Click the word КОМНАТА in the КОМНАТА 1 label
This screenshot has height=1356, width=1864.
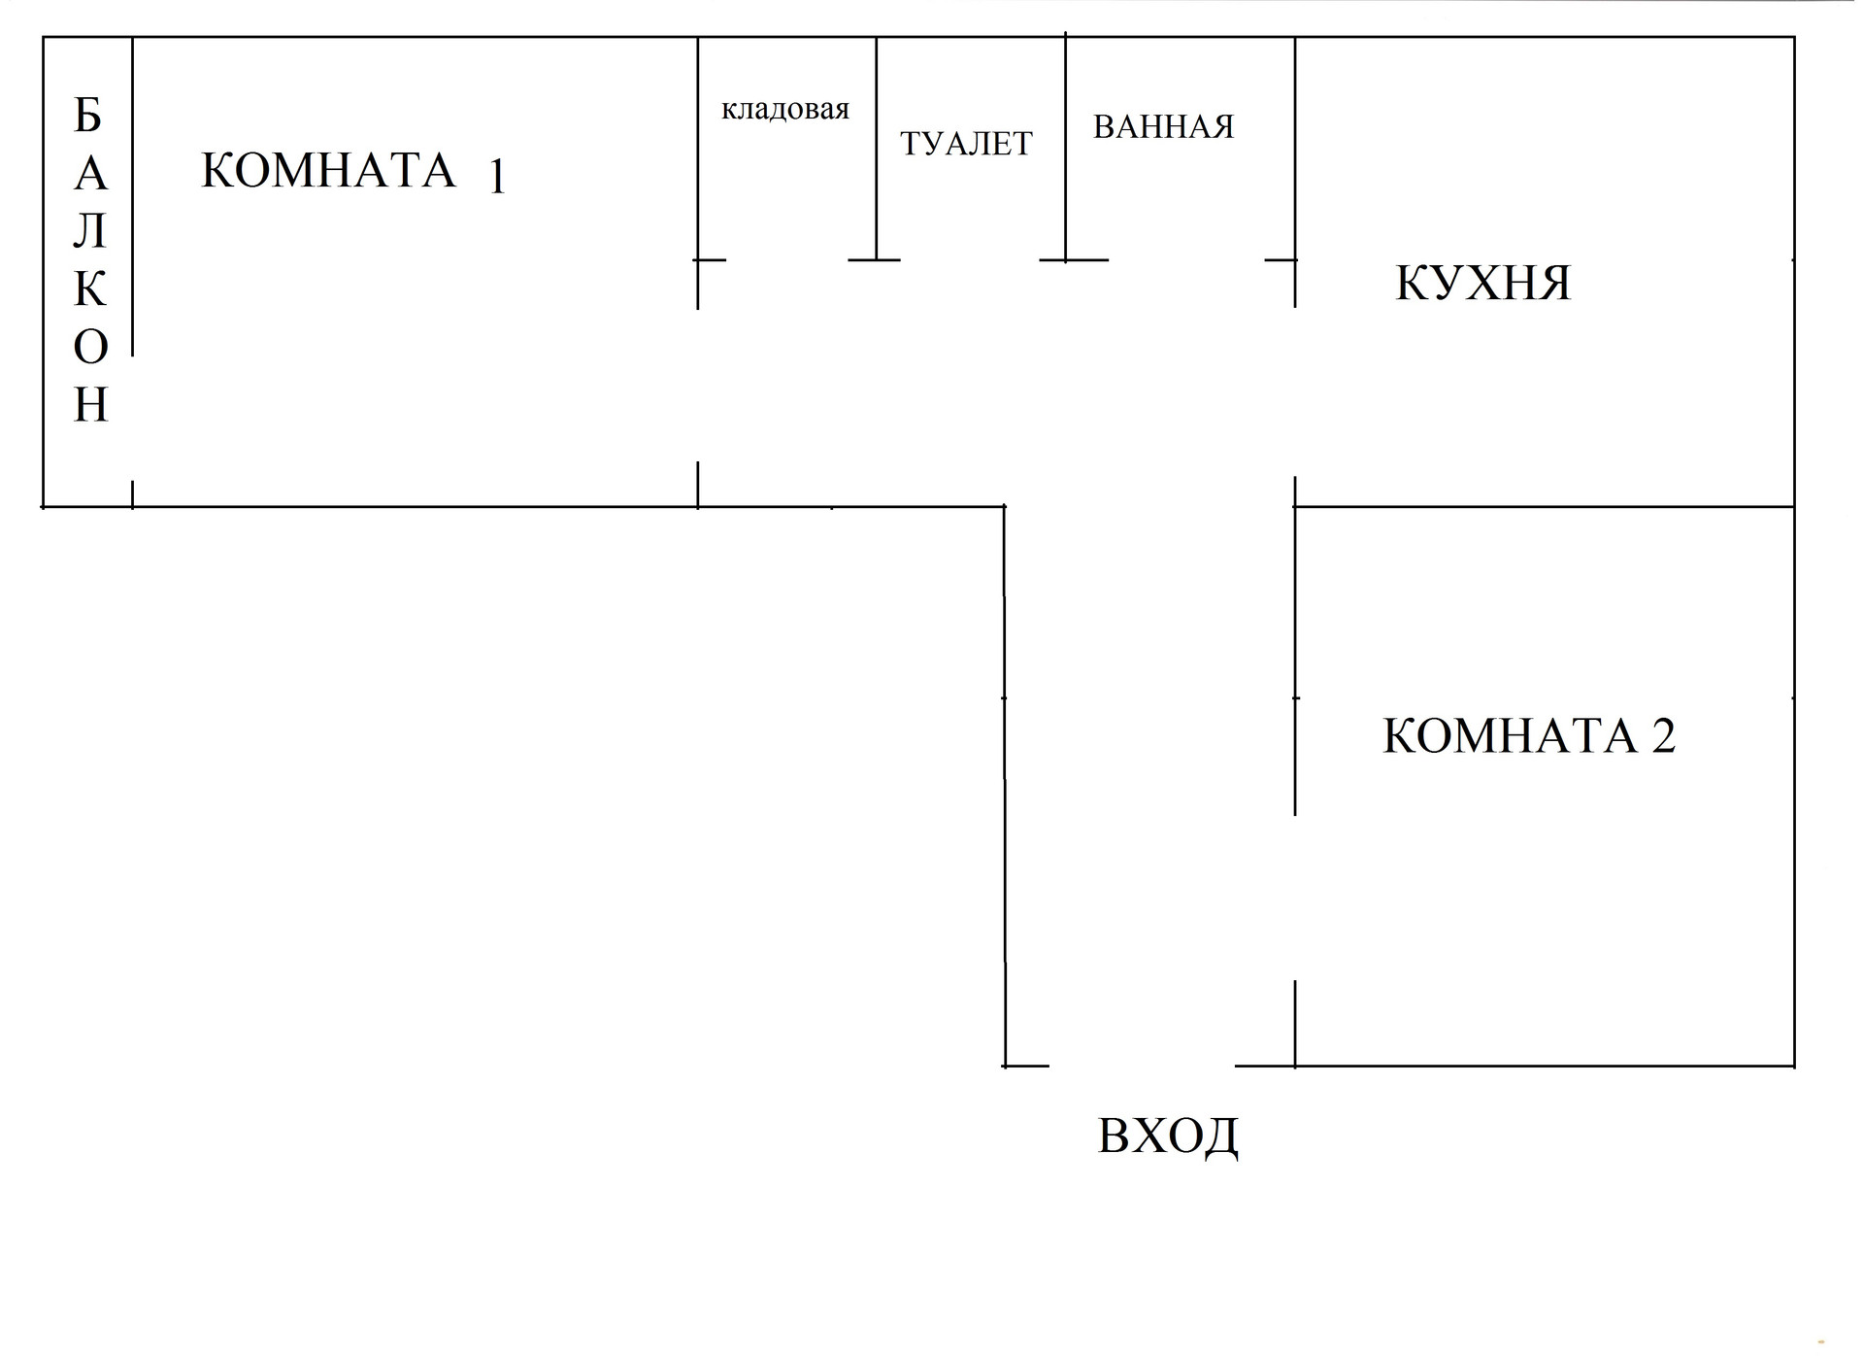click(328, 171)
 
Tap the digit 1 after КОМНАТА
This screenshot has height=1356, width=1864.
click(497, 178)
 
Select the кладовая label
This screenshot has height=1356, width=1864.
click(784, 109)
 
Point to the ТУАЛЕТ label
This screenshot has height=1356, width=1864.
click(966, 144)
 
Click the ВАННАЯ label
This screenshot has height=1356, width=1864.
click(1163, 127)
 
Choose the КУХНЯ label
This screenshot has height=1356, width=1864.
click(1482, 283)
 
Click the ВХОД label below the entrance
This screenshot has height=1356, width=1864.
click(1168, 1135)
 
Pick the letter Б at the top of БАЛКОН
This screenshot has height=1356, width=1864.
click(88, 117)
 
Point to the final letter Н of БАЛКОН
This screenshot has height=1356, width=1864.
click(90, 405)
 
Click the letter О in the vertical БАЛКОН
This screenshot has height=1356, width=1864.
click(90, 347)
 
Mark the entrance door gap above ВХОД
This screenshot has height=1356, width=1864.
click(1142, 1066)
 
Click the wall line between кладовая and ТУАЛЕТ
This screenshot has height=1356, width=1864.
click(877, 146)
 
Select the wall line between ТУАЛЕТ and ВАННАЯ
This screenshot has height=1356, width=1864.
click(1066, 146)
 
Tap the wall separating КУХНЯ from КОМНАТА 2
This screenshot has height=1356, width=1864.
click(1544, 506)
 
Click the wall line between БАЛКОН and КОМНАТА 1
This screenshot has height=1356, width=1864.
click(132, 194)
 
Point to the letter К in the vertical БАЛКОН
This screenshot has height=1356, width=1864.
click(90, 289)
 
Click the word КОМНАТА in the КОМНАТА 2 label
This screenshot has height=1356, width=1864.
click(1510, 735)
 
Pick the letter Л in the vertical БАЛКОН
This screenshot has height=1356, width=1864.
click(90, 232)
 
